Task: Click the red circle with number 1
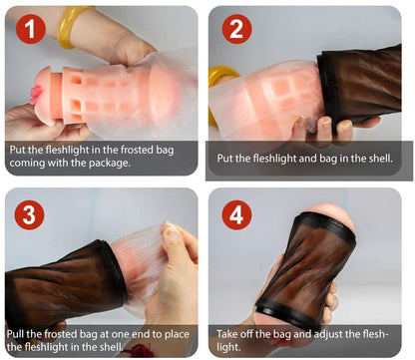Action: point(31,29)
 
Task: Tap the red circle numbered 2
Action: point(236,29)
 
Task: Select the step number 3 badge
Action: point(29,214)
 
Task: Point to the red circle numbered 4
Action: point(236,214)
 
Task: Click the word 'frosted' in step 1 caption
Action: point(137,150)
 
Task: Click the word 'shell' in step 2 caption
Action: point(381,158)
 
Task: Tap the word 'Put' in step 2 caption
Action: point(224,159)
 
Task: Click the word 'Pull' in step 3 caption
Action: point(15,333)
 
